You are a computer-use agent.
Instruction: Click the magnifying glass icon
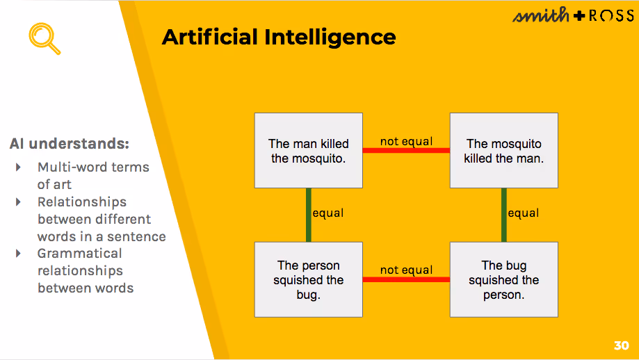44,38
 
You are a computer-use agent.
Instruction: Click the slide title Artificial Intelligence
279,37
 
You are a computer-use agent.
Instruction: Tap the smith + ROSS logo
573,15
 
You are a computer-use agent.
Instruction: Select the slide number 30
621,345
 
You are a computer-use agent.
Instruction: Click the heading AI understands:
70,144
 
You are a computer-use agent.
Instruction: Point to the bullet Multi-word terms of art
92,176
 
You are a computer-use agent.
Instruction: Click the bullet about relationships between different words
101,219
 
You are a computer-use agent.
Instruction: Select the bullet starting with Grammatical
85,270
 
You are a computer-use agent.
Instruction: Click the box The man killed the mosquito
309,151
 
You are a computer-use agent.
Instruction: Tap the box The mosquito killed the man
504,151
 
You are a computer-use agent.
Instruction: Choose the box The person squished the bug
309,279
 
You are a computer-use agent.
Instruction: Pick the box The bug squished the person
504,279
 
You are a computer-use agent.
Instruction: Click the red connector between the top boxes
406,150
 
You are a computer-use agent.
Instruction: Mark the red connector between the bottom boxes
406,279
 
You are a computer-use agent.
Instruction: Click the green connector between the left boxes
307,215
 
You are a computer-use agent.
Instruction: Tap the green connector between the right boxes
503,215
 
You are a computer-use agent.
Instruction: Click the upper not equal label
406,142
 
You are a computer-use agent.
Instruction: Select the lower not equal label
406,270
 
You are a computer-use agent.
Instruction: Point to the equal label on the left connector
328,213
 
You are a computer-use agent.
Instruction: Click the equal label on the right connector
524,213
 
